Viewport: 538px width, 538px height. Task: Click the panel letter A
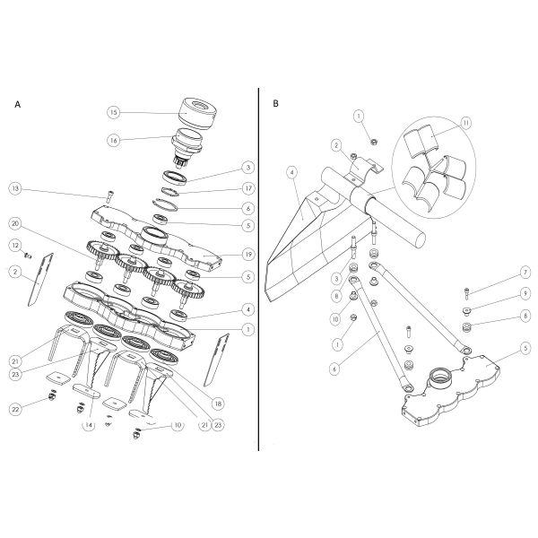point(18,104)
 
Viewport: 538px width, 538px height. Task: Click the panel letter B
point(276,104)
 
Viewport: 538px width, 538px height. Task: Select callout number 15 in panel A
point(114,113)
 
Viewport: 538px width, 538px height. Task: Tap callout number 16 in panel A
point(114,140)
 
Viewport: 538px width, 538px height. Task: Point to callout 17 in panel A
point(248,187)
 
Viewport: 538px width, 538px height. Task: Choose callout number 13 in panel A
point(15,188)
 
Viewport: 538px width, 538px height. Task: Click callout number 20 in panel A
point(15,222)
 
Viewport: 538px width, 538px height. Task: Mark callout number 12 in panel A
point(15,245)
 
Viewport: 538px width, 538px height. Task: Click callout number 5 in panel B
point(525,347)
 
